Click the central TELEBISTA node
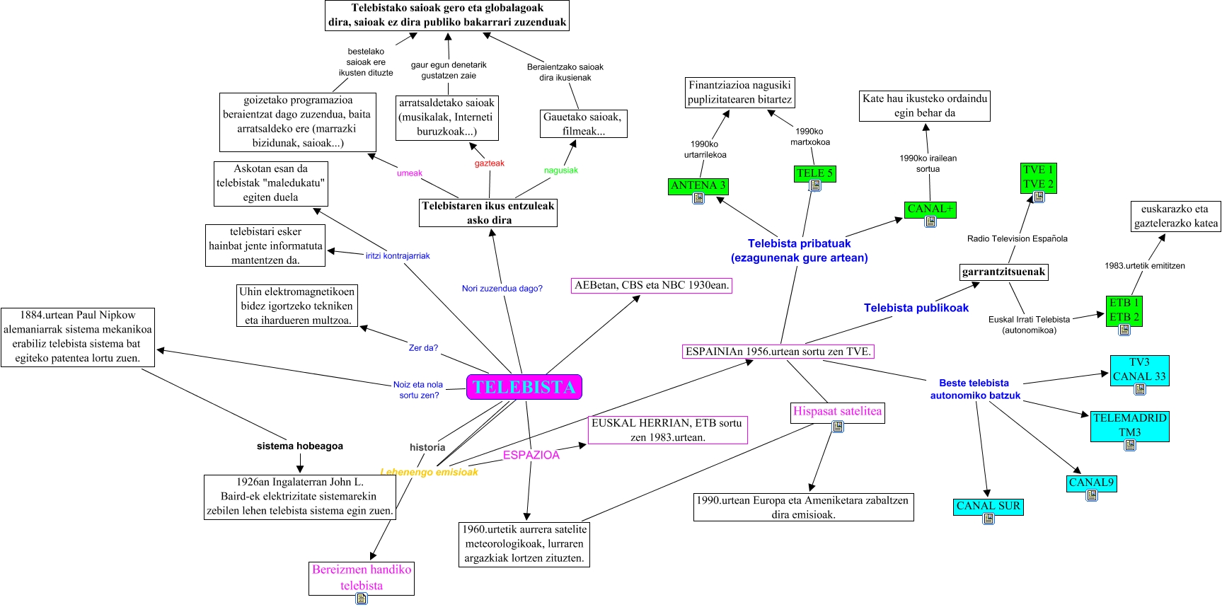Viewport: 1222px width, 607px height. point(524,387)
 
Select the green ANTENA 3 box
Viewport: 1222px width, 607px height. point(698,185)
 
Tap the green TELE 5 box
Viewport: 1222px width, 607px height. point(814,173)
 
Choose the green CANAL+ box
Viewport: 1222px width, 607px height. point(930,209)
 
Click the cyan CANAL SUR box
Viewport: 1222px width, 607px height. point(988,506)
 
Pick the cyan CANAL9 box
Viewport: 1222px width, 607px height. point(1091,482)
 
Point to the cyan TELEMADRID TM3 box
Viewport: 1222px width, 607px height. point(1129,425)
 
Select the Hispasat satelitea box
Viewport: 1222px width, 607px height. point(837,411)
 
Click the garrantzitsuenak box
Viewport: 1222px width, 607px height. point(1003,272)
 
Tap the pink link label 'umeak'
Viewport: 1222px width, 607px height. point(409,173)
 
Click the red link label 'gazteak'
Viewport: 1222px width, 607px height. point(489,163)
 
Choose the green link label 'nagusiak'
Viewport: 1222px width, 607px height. point(560,170)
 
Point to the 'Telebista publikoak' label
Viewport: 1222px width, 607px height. point(916,308)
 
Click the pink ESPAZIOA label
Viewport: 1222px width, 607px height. point(531,455)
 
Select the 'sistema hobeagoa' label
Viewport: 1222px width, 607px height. point(299,446)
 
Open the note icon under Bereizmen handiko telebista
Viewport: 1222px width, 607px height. point(362,599)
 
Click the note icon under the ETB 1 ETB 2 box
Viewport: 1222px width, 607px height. point(1124,330)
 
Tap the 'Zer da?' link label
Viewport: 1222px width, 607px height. point(423,348)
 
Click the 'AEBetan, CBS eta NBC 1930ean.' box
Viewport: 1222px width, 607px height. point(652,286)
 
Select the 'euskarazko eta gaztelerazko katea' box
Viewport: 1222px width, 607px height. point(1175,216)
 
